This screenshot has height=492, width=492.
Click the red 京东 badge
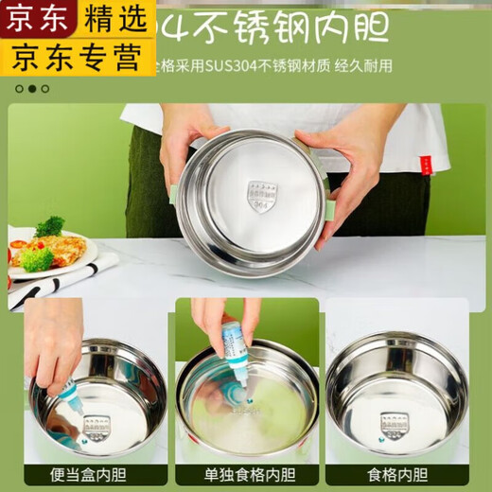(x=35, y=19)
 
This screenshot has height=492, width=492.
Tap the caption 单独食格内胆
(x=247, y=475)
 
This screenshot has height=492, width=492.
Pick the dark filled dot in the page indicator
(x=31, y=89)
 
